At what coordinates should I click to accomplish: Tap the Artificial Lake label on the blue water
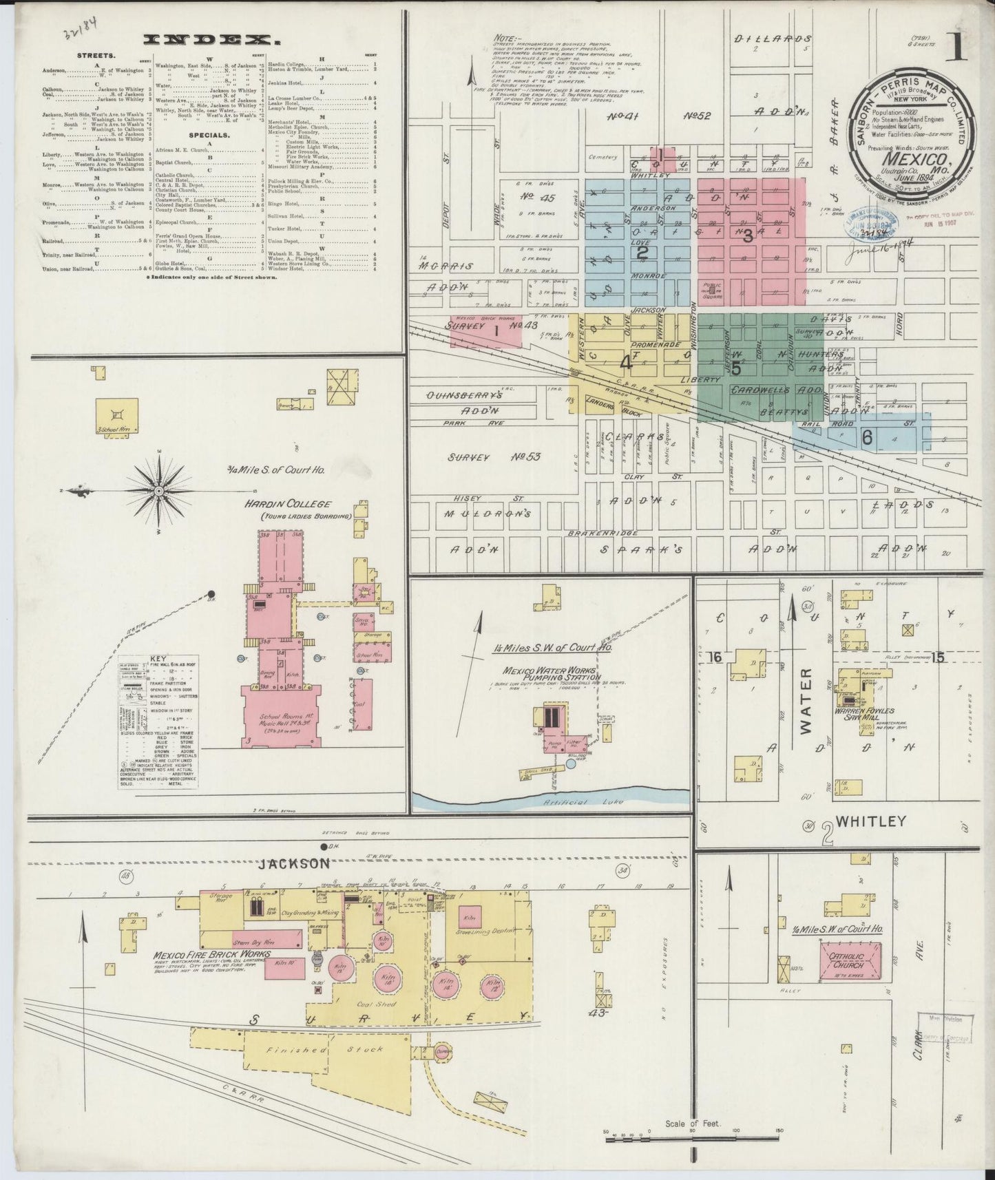(571, 801)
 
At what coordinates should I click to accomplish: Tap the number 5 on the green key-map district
(735, 368)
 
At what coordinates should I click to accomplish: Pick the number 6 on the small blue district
(867, 436)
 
